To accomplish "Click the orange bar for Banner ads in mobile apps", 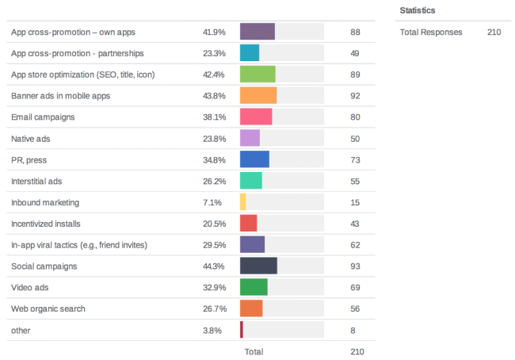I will (257, 95).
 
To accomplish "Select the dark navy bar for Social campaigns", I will (258, 265).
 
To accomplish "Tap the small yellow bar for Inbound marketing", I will (242, 202).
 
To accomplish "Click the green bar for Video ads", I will (254, 286).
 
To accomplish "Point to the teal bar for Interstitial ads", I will (250, 181).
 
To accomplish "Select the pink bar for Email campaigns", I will (255, 117).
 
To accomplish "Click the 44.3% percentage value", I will (214, 266).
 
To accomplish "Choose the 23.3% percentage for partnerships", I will (214, 53).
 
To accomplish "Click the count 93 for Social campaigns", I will (354, 266).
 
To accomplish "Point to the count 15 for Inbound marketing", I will (354, 202).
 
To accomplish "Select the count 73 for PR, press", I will (354, 159).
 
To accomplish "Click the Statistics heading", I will (418, 10).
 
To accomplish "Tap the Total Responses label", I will (431, 33).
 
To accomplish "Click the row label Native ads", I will (32, 138).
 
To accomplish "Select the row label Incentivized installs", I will (46, 224).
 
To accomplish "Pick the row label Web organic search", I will (48, 308).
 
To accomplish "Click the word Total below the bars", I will (254, 350).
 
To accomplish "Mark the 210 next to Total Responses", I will (494, 33).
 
